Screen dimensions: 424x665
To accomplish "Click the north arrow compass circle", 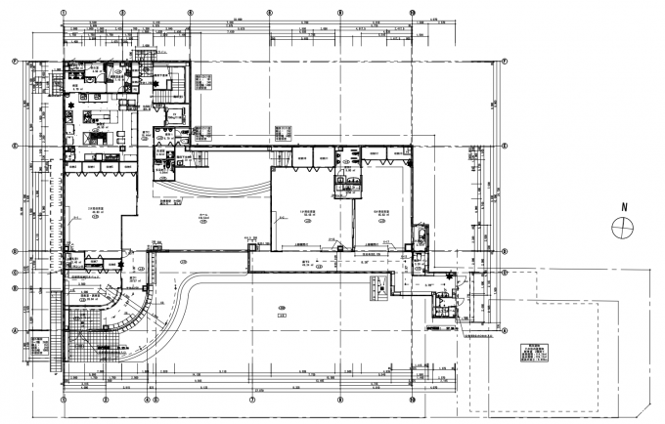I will click(x=621, y=227).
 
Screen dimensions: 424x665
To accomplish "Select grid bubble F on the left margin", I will click(x=14, y=60).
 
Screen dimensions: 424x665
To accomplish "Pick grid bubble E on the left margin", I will click(x=14, y=146).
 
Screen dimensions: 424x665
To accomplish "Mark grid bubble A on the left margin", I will click(x=14, y=330).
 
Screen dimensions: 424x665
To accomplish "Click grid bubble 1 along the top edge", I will click(x=64, y=13).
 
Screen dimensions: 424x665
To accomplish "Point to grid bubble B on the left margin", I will click(x=14, y=288).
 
